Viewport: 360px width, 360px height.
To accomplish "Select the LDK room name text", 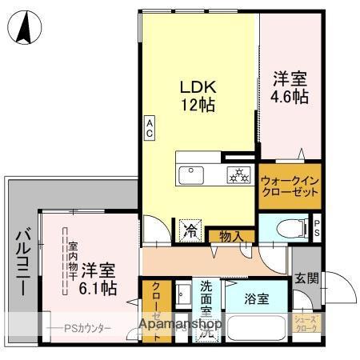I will [x=197, y=86].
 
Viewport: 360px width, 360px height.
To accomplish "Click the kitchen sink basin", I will [x=192, y=174].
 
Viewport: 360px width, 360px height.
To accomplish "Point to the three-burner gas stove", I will [x=238, y=174].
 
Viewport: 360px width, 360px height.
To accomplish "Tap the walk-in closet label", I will [x=290, y=187].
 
